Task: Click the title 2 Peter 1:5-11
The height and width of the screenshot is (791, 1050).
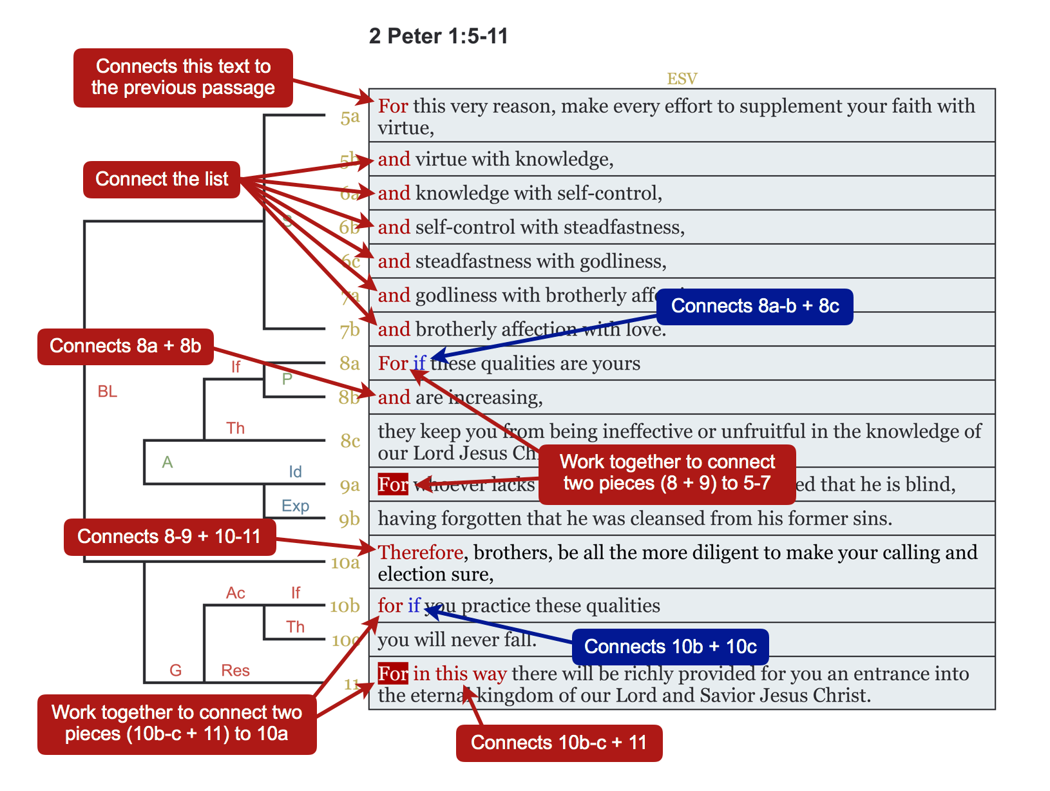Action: [x=438, y=36]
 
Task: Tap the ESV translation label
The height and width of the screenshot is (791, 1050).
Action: [x=682, y=79]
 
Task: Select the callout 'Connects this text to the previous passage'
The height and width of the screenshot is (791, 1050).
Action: [x=183, y=77]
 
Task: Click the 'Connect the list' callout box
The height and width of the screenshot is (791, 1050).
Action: [x=162, y=179]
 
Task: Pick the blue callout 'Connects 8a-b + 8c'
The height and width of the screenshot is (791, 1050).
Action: [x=754, y=306]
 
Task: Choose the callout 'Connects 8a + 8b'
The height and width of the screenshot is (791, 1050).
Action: [x=126, y=347]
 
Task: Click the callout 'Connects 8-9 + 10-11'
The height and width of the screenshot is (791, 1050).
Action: [x=169, y=537]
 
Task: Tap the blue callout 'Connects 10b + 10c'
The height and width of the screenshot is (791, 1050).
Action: [x=670, y=647]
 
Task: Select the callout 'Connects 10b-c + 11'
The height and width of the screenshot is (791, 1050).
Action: [x=558, y=743]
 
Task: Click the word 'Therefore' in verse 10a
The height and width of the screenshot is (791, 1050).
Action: [x=420, y=553]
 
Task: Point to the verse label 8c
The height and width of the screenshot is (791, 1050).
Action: [x=350, y=441]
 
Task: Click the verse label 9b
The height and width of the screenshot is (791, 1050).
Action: [x=350, y=519]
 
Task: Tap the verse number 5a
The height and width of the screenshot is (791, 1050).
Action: [x=350, y=117]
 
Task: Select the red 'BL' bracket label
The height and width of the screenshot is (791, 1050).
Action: [x=108, y=392]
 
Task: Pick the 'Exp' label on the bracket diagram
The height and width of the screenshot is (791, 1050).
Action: [x=295, y=506]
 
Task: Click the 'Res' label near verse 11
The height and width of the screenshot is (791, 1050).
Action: [x=235, y=671]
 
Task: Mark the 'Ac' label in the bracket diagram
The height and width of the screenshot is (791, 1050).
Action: [x=235, y=593]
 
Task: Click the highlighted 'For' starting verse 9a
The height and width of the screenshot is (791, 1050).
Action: [x=393, y=484]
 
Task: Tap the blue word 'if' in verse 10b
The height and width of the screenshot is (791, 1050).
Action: [x=414, y=605]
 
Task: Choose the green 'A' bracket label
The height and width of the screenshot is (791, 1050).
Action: [x=167, y=462]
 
